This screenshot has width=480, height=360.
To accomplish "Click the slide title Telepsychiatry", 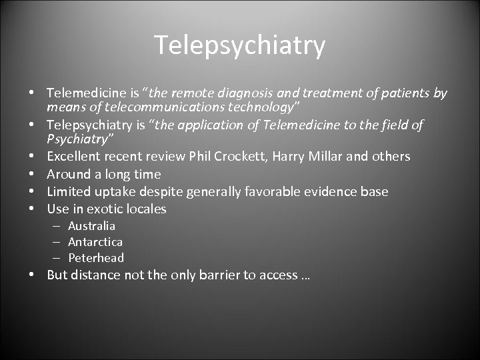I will click(240, 45).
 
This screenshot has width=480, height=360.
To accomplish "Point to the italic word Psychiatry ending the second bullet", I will click(78, 139).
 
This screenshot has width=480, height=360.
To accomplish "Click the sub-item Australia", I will click(91, 226).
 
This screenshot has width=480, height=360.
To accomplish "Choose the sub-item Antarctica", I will click(95, 242).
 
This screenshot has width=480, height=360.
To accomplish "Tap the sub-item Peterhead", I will click(96, 258).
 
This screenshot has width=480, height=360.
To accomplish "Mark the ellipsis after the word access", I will click(305, 276).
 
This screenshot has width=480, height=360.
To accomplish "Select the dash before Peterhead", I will click(56, 258).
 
